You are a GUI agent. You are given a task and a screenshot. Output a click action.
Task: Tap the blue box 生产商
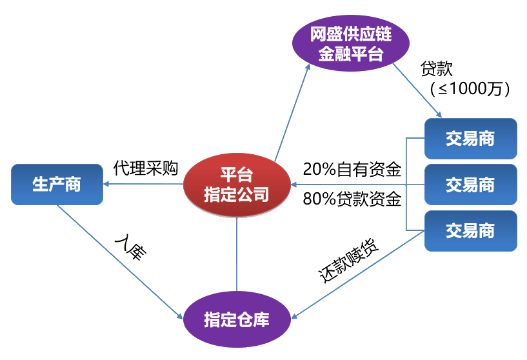click(57, 185)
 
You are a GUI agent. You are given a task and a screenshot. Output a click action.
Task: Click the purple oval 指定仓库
click(236, 319)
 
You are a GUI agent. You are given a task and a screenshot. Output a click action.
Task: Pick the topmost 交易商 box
click(470, 139)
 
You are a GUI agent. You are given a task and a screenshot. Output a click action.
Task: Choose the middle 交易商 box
click(470, 185)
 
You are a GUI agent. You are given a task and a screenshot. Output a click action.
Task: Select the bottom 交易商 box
click(470, 230)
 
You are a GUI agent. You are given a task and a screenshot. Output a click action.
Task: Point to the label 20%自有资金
click(352, 170)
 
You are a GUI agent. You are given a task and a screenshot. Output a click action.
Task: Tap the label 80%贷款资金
click(352, 199)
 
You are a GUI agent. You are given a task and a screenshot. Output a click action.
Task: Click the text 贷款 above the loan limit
click(437, 69)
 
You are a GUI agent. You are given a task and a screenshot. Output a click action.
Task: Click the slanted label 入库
click(131, 248)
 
